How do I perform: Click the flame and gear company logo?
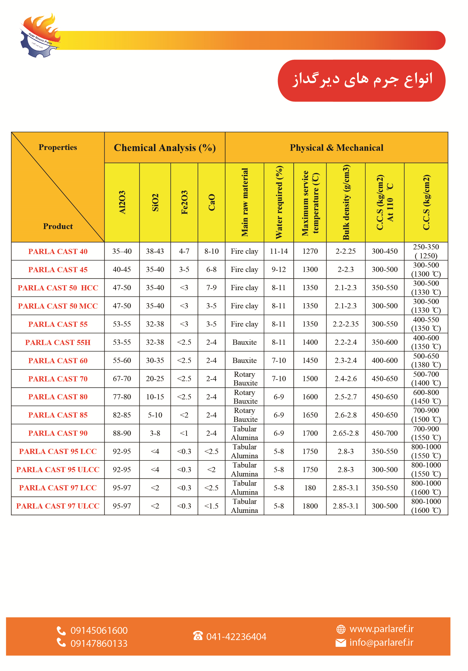(x=40, y=36)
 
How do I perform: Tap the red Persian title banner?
(x=361, y=80)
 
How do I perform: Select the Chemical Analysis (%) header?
(x=165, y=148)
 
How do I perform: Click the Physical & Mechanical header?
(x=336, y=148)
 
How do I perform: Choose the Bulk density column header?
(x=346, y=202)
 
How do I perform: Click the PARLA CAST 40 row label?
(x=58, y=251)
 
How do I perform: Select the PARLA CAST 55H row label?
(x=58, y=342)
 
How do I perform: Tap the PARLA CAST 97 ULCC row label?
(x=58, y=506)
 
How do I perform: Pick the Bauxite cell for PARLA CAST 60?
(x=244, y=360)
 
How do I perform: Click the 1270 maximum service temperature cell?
(x=310, y=251)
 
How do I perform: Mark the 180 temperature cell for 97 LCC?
(x=310, y=488)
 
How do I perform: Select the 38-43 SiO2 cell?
(x=155, y=251)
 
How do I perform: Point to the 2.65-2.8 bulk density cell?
(x=345, y=433)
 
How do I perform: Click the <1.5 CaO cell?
(x=211, y=506)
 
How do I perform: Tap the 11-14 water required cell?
(x=279, y=251)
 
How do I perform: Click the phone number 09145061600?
(x=99, y=630)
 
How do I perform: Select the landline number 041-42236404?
(x=236, y=636)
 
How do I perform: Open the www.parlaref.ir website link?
(x=381, y=629)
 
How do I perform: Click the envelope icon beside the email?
(x=341, y=643)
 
